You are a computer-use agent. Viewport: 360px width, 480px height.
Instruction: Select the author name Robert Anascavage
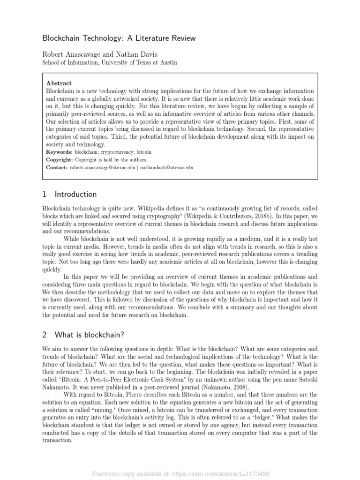click(73, 54)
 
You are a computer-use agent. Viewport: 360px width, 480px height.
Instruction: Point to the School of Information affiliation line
click(110, 62)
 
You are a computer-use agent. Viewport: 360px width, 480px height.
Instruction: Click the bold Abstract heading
click(59, 83)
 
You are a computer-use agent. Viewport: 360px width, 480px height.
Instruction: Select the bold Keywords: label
click(59, 152)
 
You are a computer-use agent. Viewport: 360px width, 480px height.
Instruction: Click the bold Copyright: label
click(60, 159)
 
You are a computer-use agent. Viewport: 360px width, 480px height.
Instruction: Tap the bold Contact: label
click(57, 167)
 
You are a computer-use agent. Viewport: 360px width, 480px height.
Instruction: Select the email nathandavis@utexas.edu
click(166, 167)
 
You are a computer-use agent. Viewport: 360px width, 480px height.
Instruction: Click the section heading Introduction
click(75, 194)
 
